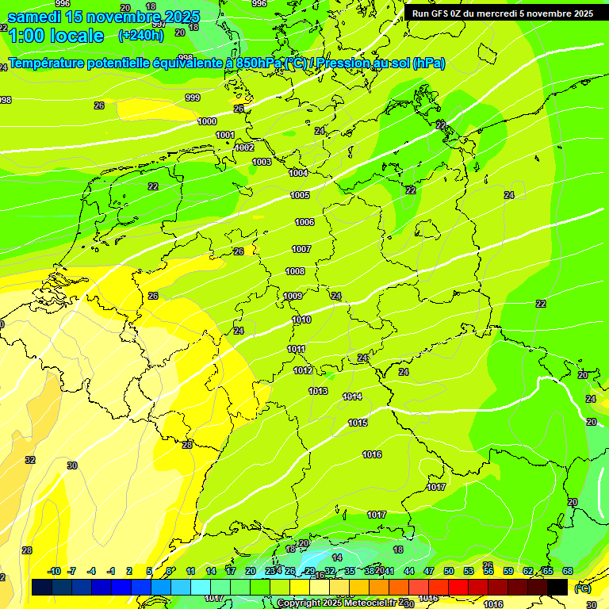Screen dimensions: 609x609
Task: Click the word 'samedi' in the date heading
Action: coord(36,17)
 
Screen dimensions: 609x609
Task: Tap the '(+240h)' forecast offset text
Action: coord(140,35)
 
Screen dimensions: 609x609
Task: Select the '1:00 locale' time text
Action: coord(56,36)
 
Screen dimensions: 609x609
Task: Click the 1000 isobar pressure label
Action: coord(207,121)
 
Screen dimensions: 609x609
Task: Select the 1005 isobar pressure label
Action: coord(300,195)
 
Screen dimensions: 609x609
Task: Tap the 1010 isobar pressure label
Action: coord(301,320)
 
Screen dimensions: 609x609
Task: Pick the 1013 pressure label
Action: coord(318,391)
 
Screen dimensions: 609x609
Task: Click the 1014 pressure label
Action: coord(352,396)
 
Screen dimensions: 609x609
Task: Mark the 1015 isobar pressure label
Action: coord(358,423)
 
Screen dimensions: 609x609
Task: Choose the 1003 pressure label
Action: coord(262,162)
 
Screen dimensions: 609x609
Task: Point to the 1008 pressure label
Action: coord(295,271)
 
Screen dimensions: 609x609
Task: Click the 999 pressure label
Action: coord(193,98)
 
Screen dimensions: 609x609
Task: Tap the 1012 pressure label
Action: coord(303,370)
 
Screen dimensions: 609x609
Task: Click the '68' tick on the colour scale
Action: coord(568,571)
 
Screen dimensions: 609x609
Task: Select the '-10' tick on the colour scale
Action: coord(54,571)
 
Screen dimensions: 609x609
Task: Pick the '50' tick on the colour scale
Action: coord(449,571)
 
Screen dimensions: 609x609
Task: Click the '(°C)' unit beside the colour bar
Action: coord(582,588)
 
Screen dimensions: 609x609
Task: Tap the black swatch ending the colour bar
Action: coord(557,587)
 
